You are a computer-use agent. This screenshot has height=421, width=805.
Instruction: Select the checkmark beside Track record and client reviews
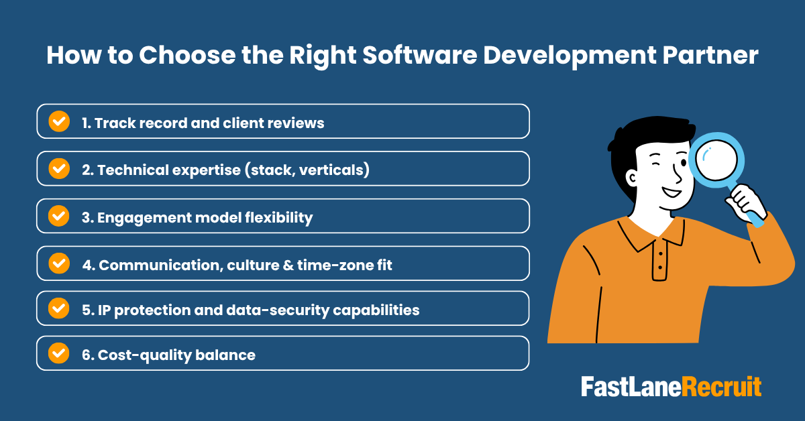coord(59,121)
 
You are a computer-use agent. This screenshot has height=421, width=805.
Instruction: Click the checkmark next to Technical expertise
coord(59,169)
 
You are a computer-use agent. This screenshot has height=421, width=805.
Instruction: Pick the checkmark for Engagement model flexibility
coord(59,216)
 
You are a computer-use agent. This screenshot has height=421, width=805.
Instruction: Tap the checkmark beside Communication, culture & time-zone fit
coord(59,263)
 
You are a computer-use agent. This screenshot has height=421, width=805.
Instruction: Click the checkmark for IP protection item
coord(59,308)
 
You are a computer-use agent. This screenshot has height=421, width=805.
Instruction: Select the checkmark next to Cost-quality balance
coord(59,353)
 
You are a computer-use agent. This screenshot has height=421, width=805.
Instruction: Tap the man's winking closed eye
coord(648,164)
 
